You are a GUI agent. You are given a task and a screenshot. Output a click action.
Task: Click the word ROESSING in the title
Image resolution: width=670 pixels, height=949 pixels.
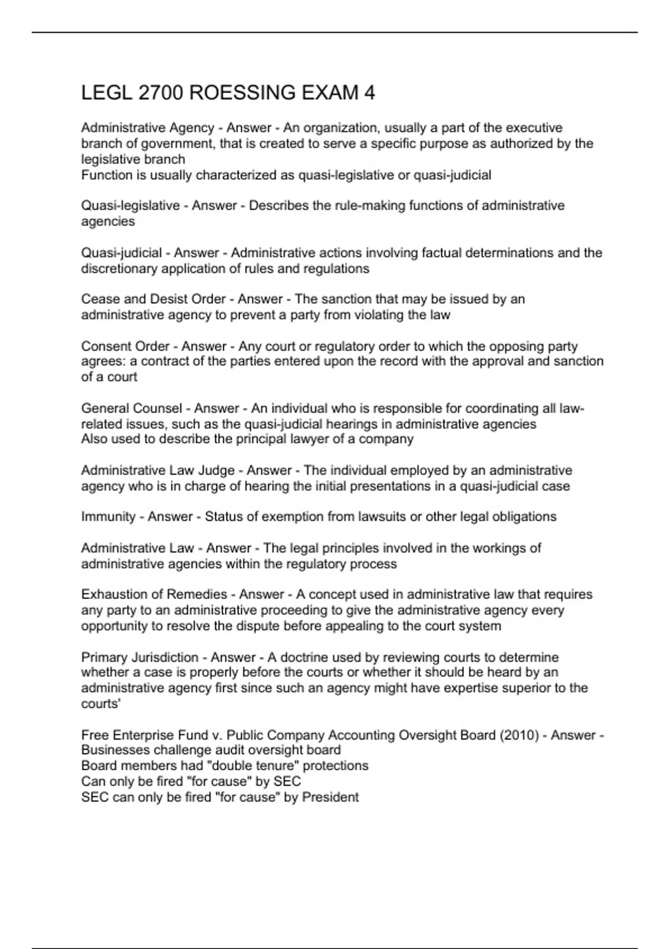click(x=243, y=93)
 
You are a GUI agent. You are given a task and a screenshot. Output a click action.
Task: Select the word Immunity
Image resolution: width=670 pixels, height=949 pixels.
click(x=108, y=517)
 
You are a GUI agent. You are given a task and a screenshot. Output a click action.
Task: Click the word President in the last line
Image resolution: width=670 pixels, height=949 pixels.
click(x=330, y=797)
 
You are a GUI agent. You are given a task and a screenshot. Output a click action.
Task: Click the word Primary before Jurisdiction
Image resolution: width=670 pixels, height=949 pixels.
click(x=104, y=658)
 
